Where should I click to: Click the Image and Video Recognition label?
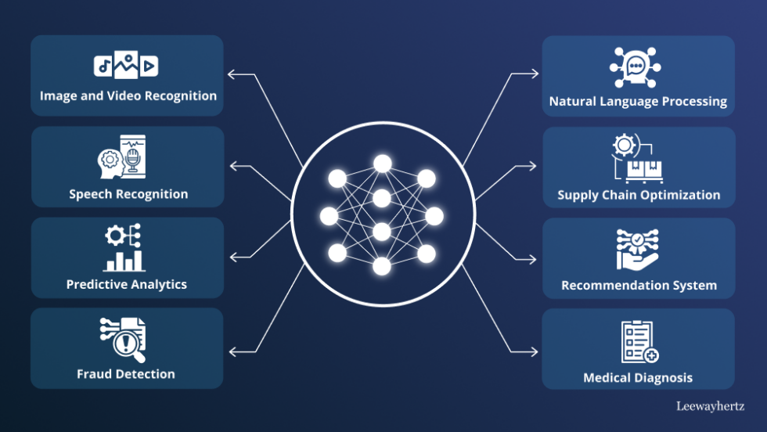(x=128, y=96)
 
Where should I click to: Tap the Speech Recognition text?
(x=128, y=194)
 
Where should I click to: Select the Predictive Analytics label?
(x=127, y=284)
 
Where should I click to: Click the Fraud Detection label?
(x=126, y=374)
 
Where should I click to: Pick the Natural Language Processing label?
(x=638, y=102)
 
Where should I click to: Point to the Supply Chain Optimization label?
(x=639, y=195)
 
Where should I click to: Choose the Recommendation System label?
(x=639, y=286)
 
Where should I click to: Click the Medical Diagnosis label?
(x=638, y=378)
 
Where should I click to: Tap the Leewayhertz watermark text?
(x=711, y=406)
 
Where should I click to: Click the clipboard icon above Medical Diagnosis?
(x=639, y=342)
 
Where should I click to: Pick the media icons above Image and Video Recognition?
(x=126, y=65)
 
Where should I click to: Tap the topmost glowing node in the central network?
(x=382, y=163)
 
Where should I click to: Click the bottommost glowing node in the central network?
(x=382, y=266)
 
